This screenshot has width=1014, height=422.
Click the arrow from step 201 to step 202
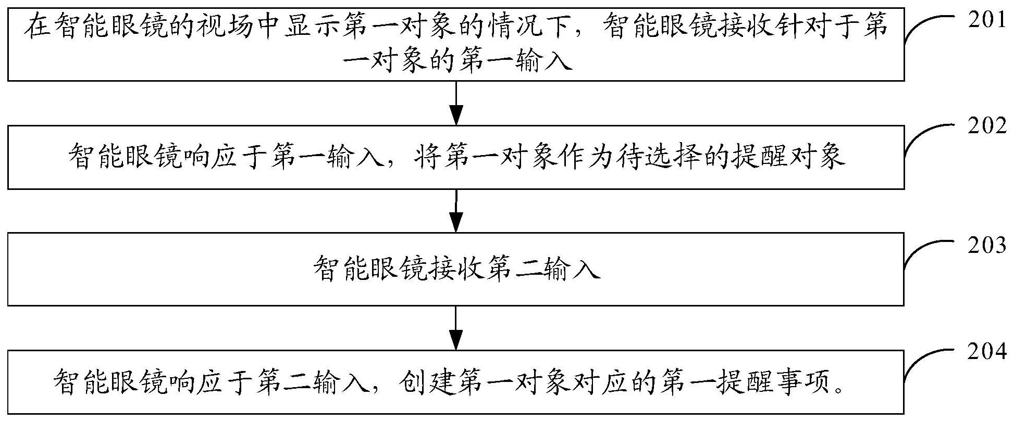tap(456, 103)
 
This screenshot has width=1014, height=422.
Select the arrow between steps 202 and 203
tap(456, 210)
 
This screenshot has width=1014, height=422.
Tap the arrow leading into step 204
tap(456, 327)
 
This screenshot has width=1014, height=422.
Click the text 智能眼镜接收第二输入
tap(456, 269)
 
